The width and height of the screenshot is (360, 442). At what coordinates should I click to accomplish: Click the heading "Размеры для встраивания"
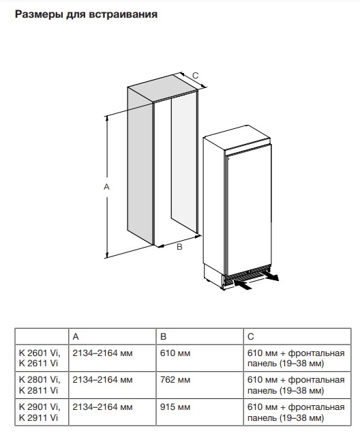[86, 14]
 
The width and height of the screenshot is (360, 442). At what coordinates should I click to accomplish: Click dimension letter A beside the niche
[106, 187]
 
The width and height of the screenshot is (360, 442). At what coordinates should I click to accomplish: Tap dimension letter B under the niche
[179, 247]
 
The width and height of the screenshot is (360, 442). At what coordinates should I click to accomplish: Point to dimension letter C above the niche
[196, 76]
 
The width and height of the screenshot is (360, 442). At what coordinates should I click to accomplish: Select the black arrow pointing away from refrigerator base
[270, 276]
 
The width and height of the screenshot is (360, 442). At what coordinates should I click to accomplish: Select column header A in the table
[76, 336]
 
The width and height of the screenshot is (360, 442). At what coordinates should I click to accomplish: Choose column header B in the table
[163, 336]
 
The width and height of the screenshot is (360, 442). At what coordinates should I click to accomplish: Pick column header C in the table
[251, 336]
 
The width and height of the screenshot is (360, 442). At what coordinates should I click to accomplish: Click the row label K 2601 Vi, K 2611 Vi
[40, 358]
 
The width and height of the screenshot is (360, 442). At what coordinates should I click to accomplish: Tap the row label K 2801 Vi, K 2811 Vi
[40, 385]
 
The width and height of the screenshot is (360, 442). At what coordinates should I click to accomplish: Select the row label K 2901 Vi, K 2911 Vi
[40, 412]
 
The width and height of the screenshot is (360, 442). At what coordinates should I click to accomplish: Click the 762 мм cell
[175, 380]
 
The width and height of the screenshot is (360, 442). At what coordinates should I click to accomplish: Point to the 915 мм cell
[175, 407]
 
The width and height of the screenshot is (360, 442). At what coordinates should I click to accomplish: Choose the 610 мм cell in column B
[175, 353]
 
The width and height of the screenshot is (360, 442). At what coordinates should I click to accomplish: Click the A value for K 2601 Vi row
[102, 353]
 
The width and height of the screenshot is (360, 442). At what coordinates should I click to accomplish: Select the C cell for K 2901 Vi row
[296, 412]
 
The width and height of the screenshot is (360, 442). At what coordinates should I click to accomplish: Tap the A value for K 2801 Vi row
[102, 380]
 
